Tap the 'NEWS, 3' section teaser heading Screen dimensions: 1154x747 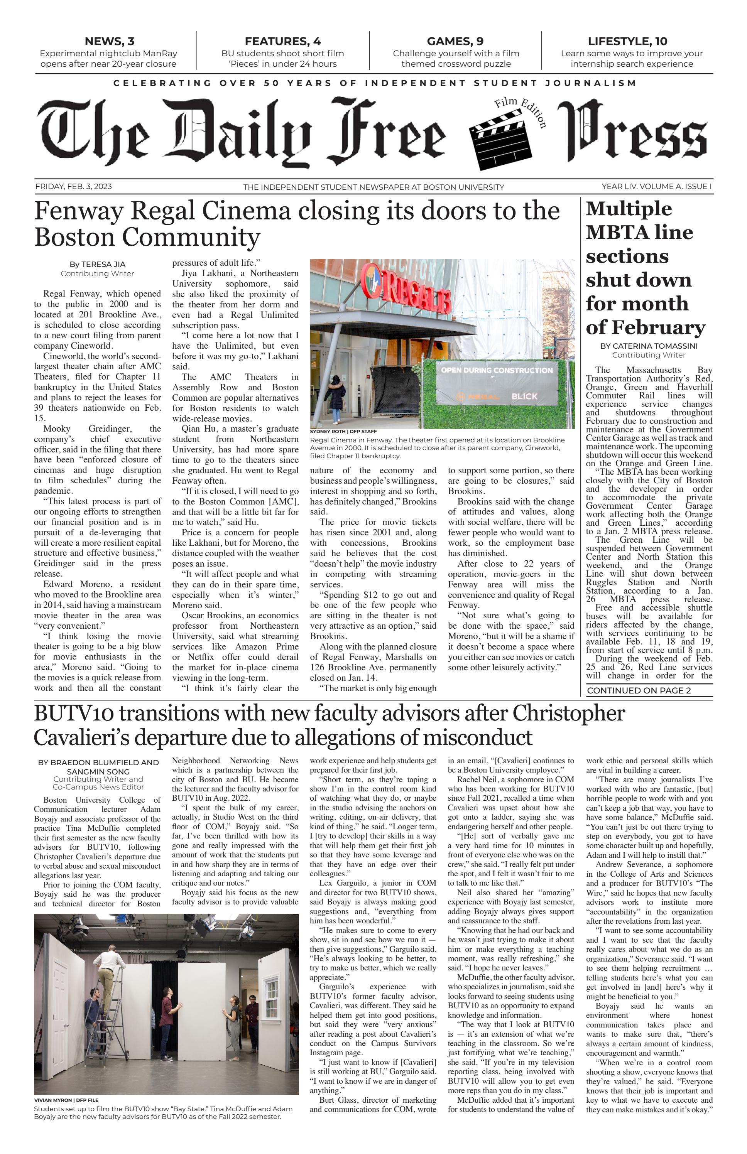109,41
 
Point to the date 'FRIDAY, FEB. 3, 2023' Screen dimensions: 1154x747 73,187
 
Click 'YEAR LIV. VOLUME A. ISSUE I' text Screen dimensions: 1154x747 656,187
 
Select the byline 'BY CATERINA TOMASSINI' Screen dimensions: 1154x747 649,346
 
